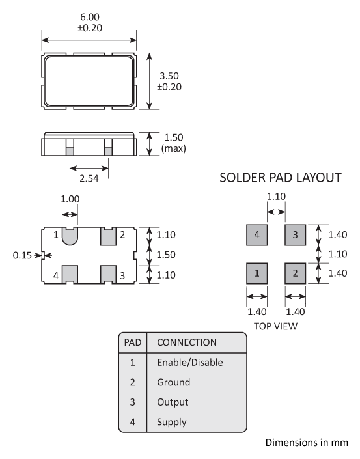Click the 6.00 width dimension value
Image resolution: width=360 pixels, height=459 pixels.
pyautogui.click(x=90, y=17)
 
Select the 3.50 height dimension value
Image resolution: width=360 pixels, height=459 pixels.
pyautogui.click(x=169, y=76)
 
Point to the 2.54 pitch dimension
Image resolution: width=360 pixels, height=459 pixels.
pyautogui.click(x=89, y=178)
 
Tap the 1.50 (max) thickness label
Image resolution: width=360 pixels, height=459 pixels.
pyautogui.click(x=174, y=143)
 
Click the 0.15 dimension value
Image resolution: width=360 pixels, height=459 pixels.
pyautogui.click(x=22, y=255)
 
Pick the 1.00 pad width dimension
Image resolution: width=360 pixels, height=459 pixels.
pyautogui.click(x=70, y=199)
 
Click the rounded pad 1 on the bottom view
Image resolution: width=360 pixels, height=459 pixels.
pyautogui.click(x=70, y=236)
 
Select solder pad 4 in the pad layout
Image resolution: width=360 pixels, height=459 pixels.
pyautogui.click(x=256, y=235)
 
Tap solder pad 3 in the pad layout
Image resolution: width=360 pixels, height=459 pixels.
pyautogui.click(x=296, y=235)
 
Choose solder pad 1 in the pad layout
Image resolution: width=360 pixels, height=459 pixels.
pyautogui.click(x=256, y=273)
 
